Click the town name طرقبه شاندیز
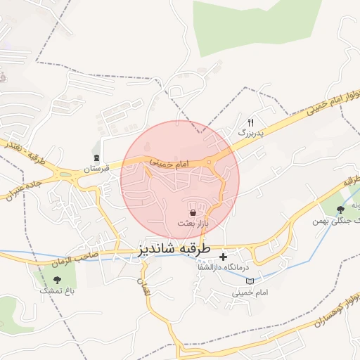pos(172,249)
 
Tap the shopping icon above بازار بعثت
pos(193,212)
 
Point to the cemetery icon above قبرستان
pos(96,157)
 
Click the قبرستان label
pos(97,169)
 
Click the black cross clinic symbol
pos(224,257)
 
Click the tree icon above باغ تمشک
pos(57,280)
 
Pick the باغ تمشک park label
pos(56,290)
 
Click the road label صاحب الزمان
pos(70,259)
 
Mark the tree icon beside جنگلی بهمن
pos(341,209)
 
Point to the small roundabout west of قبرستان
pos(66,174)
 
